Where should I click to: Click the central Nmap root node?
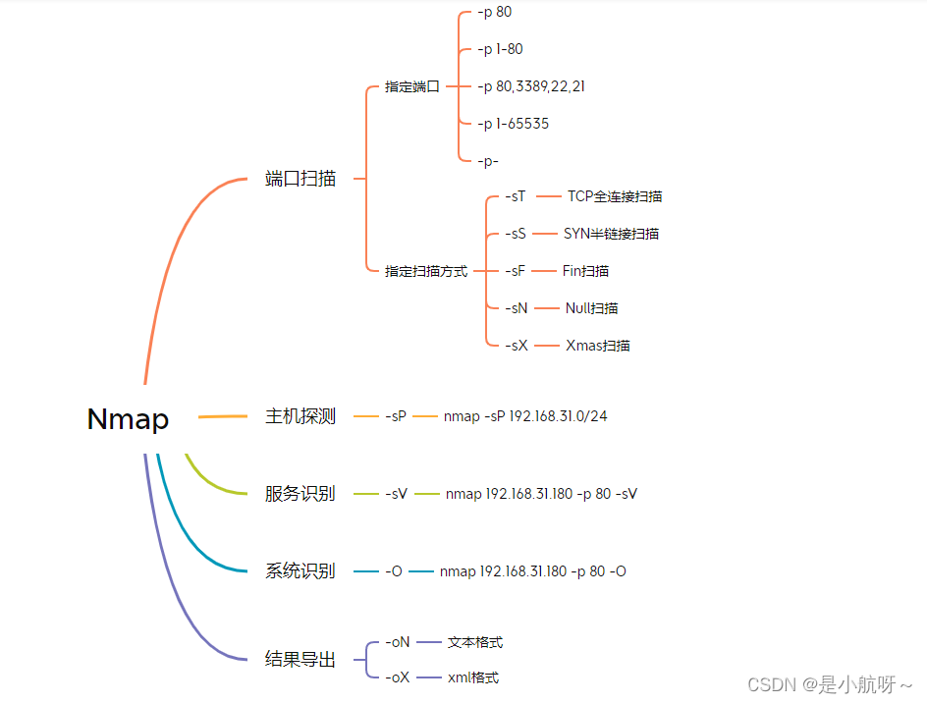coord(128,419)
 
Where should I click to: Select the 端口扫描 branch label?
coord(300,179)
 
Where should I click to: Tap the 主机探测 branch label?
coord(300,416)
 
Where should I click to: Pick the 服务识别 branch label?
coord(300,494)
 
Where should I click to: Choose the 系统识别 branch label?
coord(300,571)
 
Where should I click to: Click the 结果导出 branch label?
coord(300,660)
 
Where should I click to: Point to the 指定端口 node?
coord(412,86)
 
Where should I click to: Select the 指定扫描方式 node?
coord(426,271)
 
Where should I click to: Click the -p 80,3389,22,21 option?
coord(531,86)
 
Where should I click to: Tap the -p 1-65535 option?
coord(513,124)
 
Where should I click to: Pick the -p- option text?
coord(488,161)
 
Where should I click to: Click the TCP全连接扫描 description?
coord(615,196)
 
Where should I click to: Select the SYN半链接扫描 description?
coord(611,234)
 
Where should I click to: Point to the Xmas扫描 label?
coord(598,346)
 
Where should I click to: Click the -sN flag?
coord(517,308)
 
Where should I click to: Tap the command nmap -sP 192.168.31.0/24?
coord(525,416)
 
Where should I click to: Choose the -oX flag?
coord(398,677)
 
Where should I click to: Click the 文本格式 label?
coord(475,642)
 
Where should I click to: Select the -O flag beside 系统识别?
coord(394,571)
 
